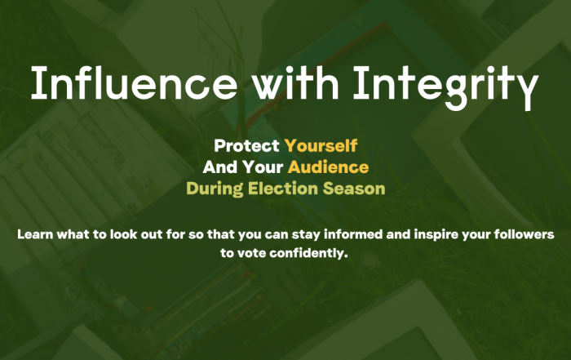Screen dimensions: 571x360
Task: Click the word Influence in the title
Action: pyautogui.click(x=134, y=82)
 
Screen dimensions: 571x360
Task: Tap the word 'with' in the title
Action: pyautogui.click(x=296, y=82)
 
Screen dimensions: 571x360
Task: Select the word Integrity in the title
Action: pyautogui.click(x=445, y=87)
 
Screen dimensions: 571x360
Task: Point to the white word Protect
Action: pyautogui.click(x=246, y=146)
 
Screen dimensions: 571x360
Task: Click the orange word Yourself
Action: pyautogui.click(x=321, y=146)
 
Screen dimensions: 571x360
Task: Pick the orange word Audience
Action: pyautogui.click(x=328, y=167)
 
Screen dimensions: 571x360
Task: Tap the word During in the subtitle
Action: pyautogui.click(x=215, y=189)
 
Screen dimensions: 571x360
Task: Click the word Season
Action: pyautogui.click(x=354, y=189)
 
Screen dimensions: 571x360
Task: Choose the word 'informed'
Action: pyautogui.click(x=353, y=234)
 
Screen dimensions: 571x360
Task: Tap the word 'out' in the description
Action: pyautogui.click(x=152, y=234)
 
